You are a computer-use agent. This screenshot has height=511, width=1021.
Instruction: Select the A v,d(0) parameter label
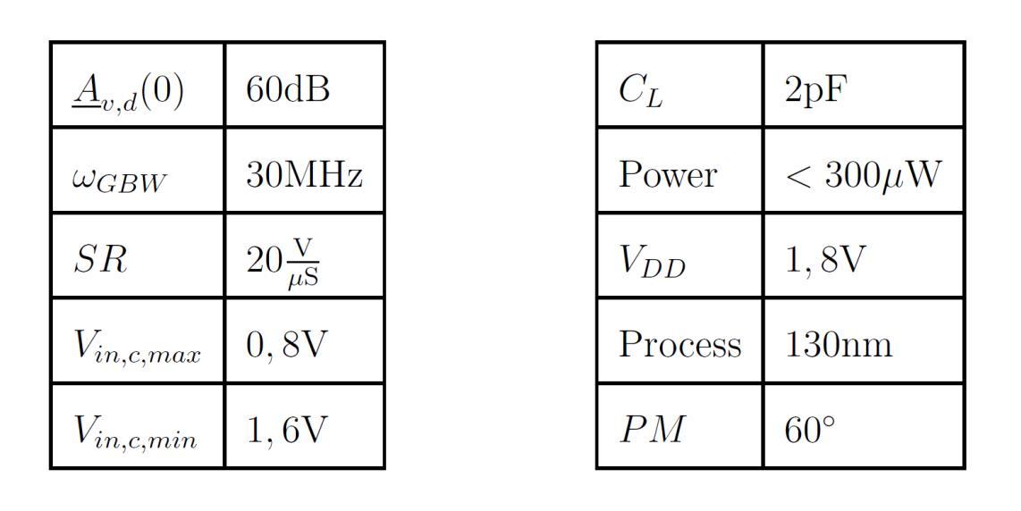point(128,92)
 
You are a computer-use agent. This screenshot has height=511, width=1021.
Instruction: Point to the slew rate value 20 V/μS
point(283,261)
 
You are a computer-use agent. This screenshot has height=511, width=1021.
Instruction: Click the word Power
point(667,174)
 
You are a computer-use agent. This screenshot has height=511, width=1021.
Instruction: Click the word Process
point(679,345)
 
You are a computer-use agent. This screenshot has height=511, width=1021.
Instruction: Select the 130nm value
point(838,345)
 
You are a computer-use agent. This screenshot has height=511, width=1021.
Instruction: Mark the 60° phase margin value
point(809,430)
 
